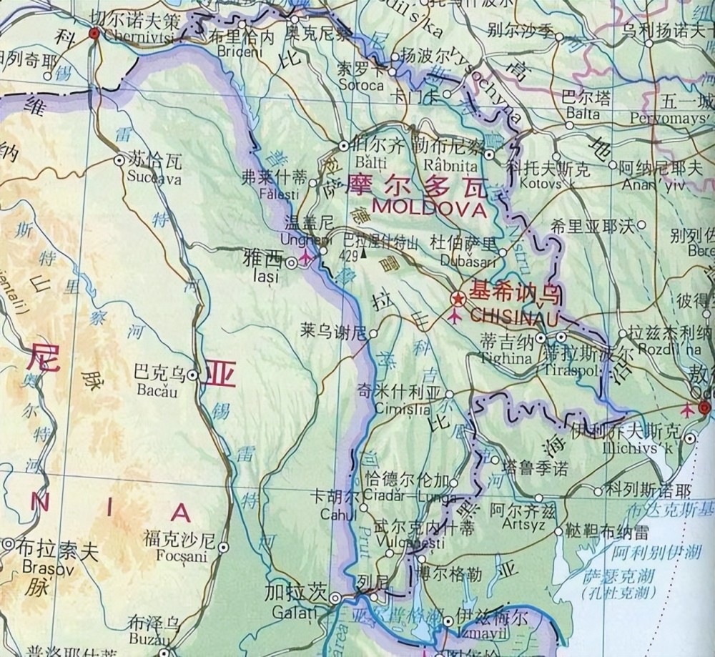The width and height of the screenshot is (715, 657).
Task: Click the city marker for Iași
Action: point(292,263)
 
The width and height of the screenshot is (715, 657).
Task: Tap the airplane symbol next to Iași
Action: point(308,257)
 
